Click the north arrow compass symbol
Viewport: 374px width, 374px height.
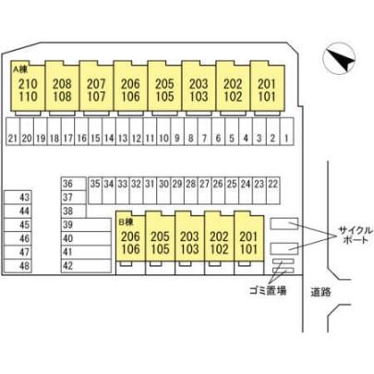click(x=339, y=58)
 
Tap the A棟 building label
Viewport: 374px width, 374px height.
click(x=20, y=69)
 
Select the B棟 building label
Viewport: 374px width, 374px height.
click(x=126, y=222)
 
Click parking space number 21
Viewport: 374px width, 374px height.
click(x=13, y=131)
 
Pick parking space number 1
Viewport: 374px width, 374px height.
click(x=287, y=131)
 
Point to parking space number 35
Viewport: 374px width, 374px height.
click(x=95, y=190)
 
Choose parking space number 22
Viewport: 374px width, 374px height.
click(x=273, y=190)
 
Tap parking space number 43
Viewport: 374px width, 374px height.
click(x=18, y=198)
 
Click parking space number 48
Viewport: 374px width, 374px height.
click(x=18, y=266)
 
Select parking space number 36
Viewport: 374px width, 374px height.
click(x=74, y=184)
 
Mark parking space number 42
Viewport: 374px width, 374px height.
click(x=86, y=266)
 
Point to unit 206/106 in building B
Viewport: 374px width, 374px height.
click(x=130, y=236)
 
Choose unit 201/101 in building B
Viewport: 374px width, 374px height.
click(x=248, y=236)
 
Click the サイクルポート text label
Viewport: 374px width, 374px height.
click(x=356, y=235)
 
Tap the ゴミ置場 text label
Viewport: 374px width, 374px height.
click(x=268, y=290)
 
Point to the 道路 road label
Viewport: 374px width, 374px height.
click(x=320, y=292)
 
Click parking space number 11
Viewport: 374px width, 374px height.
click(x=150, y=131)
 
